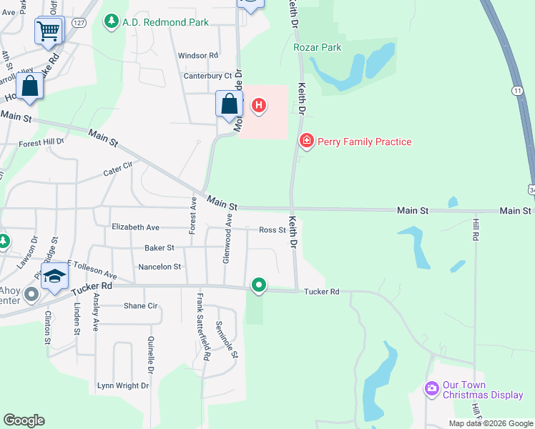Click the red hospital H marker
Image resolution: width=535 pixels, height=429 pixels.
pos(259,107)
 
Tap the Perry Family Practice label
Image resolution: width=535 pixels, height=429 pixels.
pos(364,142)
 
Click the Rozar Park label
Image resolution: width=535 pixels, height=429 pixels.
pos(318,47)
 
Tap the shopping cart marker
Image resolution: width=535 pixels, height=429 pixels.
pos(49,30)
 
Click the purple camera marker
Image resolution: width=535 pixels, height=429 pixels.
pos(431,389)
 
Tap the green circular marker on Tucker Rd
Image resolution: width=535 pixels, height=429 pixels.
pos(259,286)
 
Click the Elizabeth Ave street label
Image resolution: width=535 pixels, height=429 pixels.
pos(135,227)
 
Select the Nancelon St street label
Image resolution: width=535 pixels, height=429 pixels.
pos(159,267)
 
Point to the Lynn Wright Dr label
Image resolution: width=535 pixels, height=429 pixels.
pos(123,385)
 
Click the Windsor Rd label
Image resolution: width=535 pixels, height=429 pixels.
pos(198,55)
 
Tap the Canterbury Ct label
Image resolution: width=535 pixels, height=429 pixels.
pos(208,75)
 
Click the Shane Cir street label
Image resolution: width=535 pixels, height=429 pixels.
pos(140,305)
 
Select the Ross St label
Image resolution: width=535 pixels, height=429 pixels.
pos(273,230)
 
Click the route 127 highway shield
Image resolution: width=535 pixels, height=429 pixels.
pos(79,23)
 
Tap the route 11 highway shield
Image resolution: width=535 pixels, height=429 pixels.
pos(516,90)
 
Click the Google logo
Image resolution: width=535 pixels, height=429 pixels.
pos(24,420)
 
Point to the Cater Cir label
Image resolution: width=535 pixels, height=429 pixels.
pos(118,168)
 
